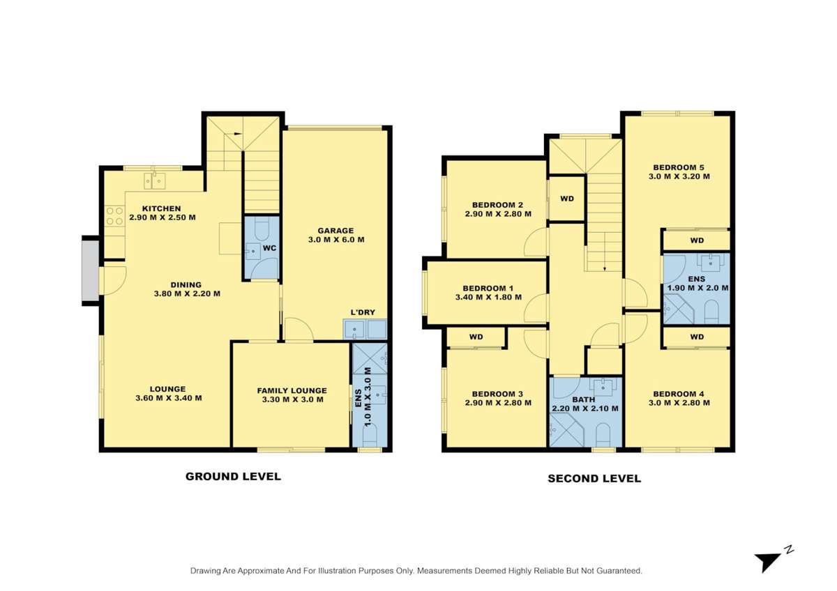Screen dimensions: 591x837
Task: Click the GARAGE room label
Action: tap(335, 231)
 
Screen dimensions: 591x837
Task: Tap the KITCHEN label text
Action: tap(161, 208)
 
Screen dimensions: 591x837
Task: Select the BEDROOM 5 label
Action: tap(679, 167)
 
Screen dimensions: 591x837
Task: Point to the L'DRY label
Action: tap(364, 313)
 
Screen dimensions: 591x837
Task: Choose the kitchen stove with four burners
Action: tap(114, 215)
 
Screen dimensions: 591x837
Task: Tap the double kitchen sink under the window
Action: tap(155, 181)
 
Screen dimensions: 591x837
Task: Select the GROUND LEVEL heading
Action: tap(233, 477)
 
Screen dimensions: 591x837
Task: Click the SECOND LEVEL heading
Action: tap(594, 478)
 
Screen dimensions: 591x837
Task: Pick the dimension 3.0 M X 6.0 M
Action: tap(336, 240)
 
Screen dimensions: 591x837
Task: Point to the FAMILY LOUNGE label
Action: tap(292, 390)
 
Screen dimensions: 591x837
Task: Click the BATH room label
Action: tap(584, 399)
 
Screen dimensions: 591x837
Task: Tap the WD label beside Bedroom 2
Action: tap(567, 199)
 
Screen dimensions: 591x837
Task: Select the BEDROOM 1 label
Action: tap(488, 289)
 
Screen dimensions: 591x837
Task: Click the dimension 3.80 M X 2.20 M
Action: tap(186, 293)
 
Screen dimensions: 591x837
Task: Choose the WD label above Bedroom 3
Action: tap(476, 337)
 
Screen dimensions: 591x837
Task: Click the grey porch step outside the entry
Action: tap(91, 270)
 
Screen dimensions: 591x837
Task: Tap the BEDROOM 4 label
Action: tap(679, 393)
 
